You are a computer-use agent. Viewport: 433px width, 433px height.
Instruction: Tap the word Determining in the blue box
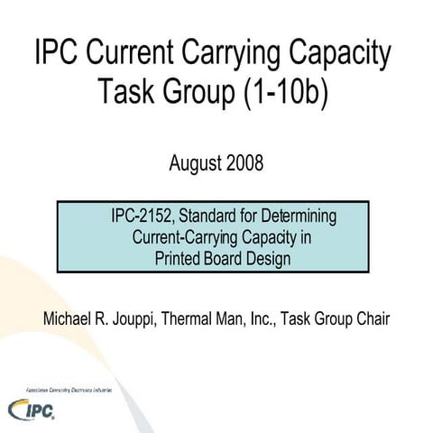[299, 216]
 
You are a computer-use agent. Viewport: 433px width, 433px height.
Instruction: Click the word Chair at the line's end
[369, 319]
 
